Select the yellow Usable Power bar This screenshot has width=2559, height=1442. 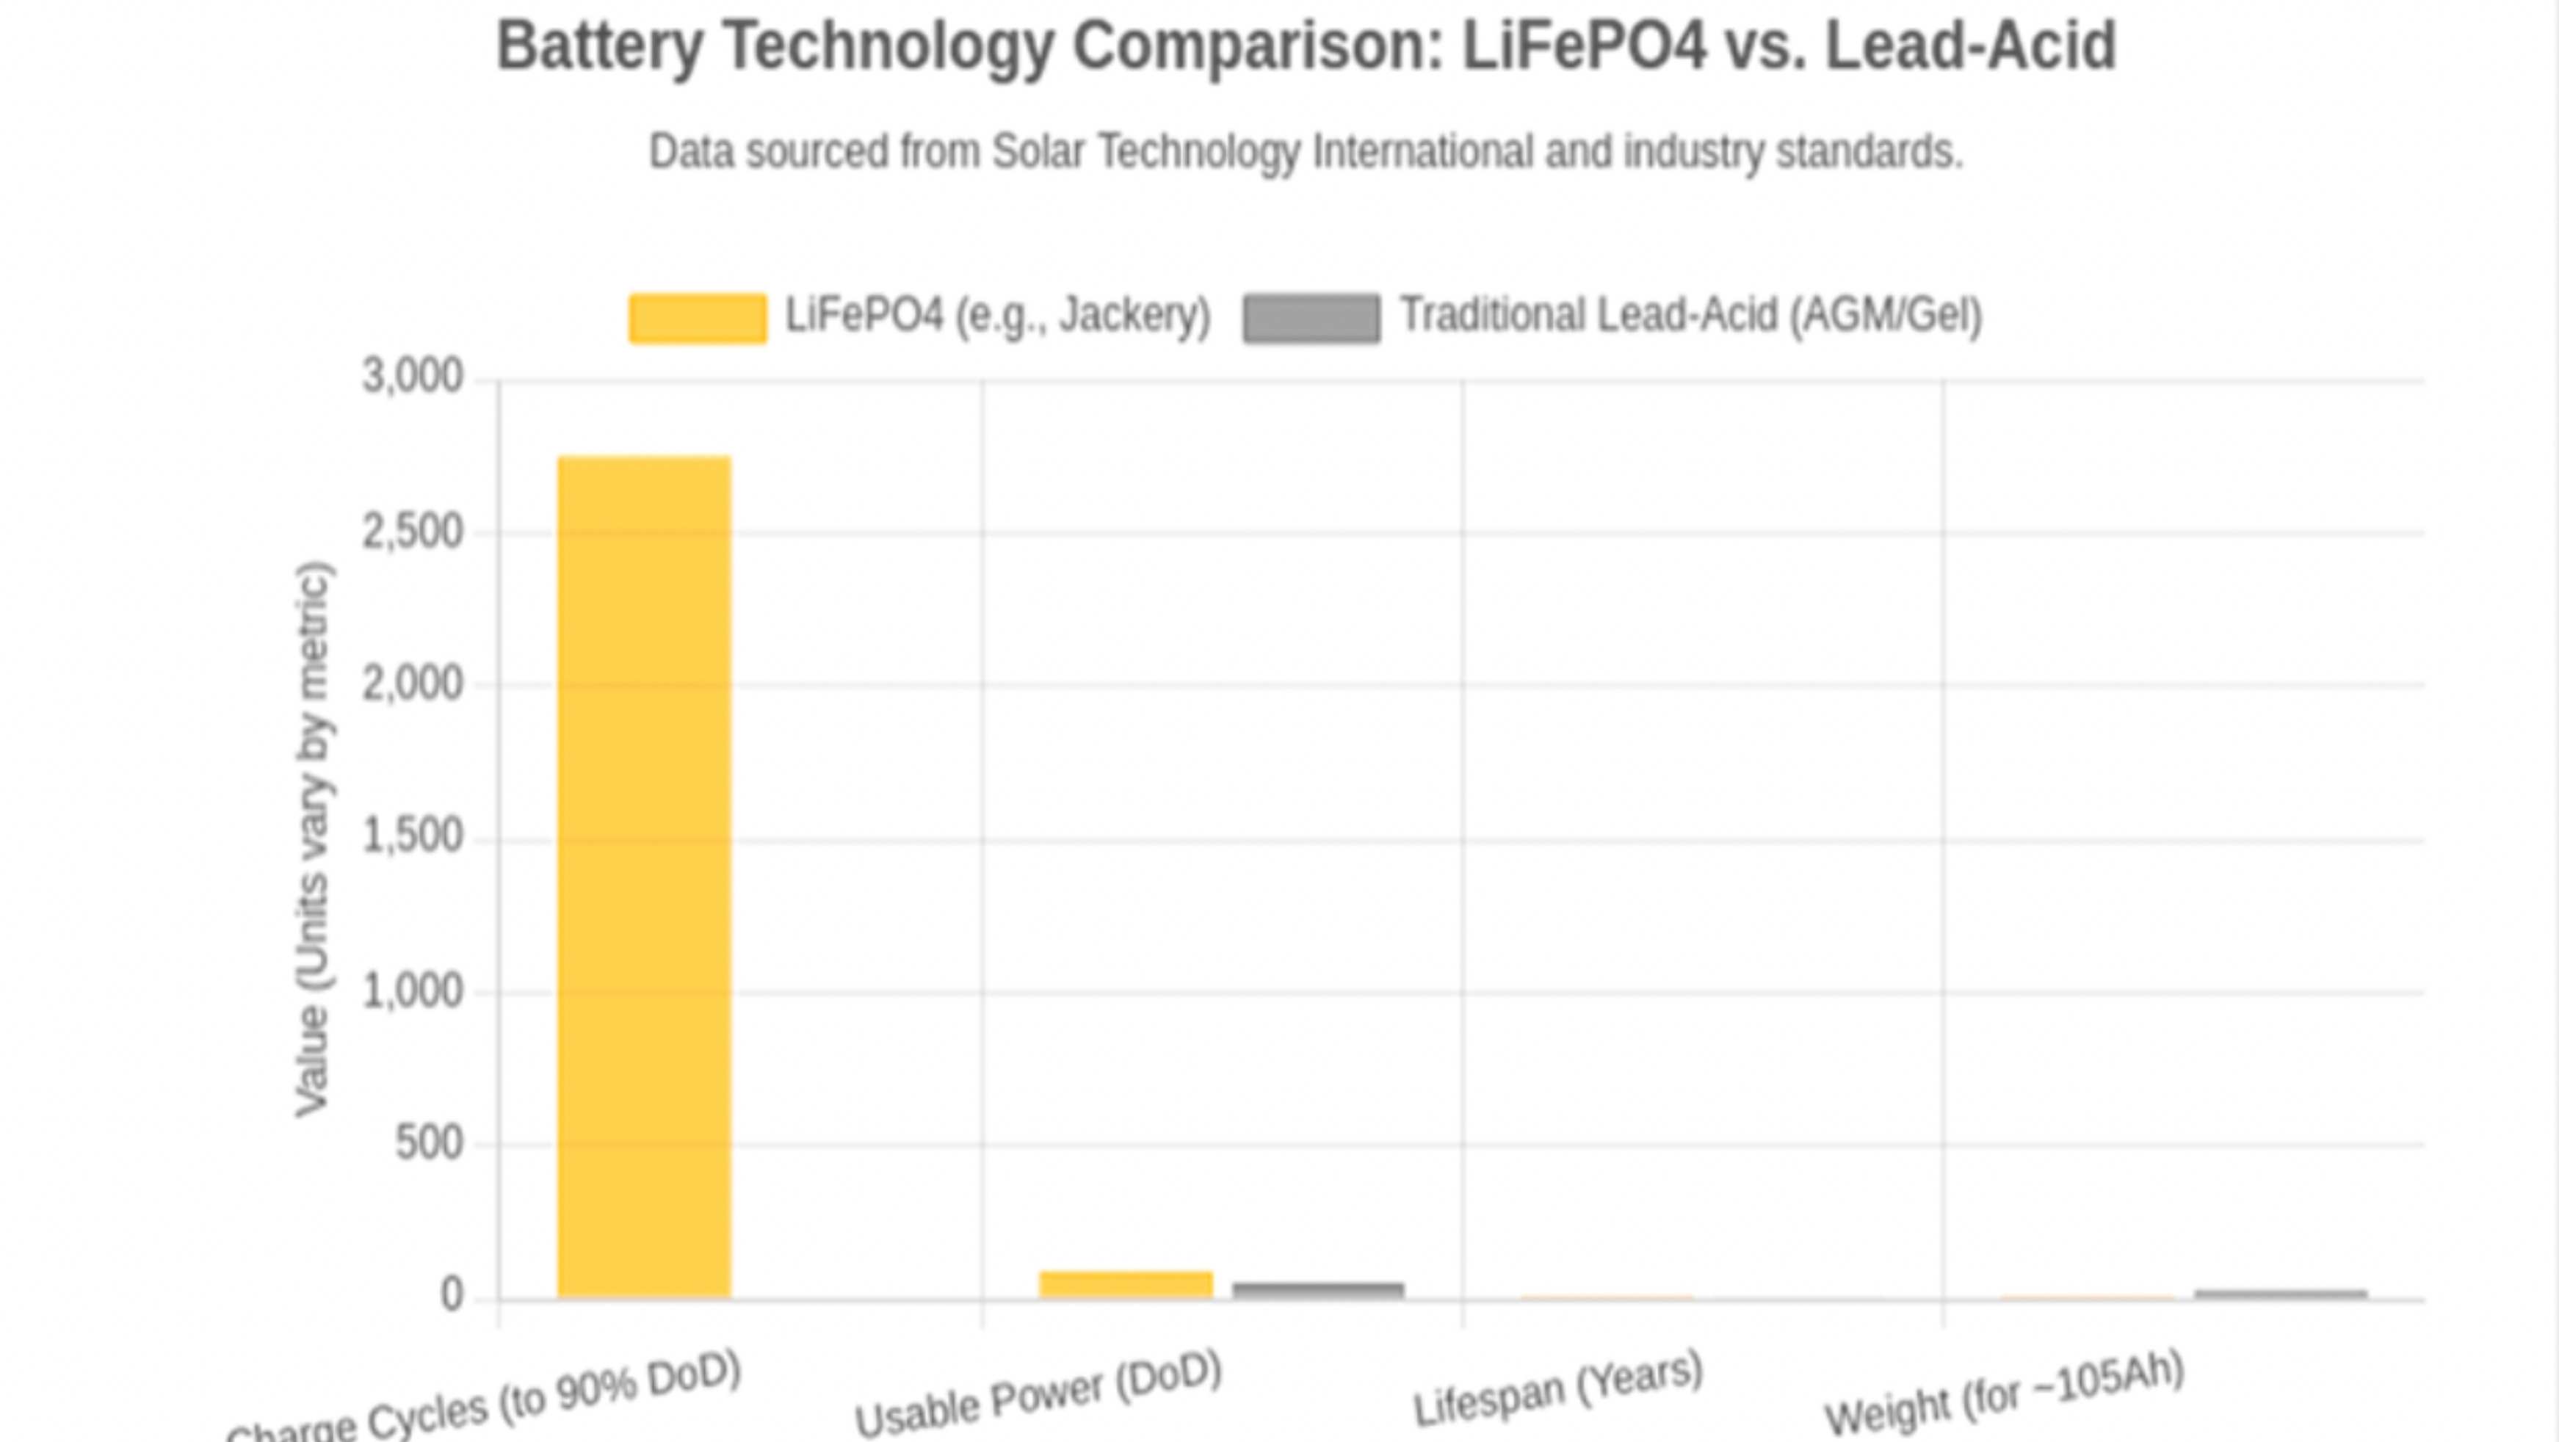pos(1126,1284)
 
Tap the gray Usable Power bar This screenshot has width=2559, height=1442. pos(1318,1289)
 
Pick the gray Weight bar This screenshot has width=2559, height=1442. pos(2281,1293)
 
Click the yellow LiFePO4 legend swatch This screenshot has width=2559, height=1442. pos(698,318)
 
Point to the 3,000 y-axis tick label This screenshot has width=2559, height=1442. pos(412,377)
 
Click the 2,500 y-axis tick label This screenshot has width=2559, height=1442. pos(412,532)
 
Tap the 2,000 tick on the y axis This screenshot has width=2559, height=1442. pos(412,684)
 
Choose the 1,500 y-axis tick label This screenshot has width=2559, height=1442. pos(412,837)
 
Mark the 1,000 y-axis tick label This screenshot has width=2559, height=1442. pos(412,991)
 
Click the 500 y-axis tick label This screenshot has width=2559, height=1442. pos(429,1143)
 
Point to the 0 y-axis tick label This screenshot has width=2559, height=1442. pos(452,1295)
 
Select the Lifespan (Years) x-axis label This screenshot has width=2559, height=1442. pos(1557,1388)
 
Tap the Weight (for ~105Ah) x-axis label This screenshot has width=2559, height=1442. pos(2005,1391)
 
